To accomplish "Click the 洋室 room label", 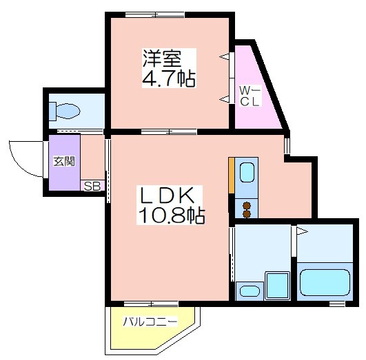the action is (162, 59).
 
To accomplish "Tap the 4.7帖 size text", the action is (169, 78).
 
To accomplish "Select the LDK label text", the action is (167, 195).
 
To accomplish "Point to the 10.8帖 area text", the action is (172, 215).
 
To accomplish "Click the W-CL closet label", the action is (250, 96).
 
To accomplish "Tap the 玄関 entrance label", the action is (64, 161).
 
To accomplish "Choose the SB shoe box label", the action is (92, 187).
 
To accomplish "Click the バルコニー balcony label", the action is (150, 321).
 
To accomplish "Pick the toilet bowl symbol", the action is (65, 111).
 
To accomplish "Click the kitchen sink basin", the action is (247, 172).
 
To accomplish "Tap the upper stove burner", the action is (247, 206).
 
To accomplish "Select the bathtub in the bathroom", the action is (325, 282).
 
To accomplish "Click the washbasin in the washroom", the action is (250, 291).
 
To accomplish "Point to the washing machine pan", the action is (277, 286).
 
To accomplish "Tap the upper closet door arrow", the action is (224, 56).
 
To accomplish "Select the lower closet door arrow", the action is (224, 99).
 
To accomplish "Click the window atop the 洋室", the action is (155, 14).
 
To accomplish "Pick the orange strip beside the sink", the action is (232, 176).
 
